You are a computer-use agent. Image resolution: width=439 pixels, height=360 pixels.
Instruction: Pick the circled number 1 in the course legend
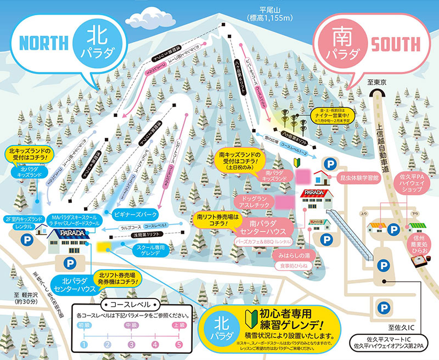click(83, 344)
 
